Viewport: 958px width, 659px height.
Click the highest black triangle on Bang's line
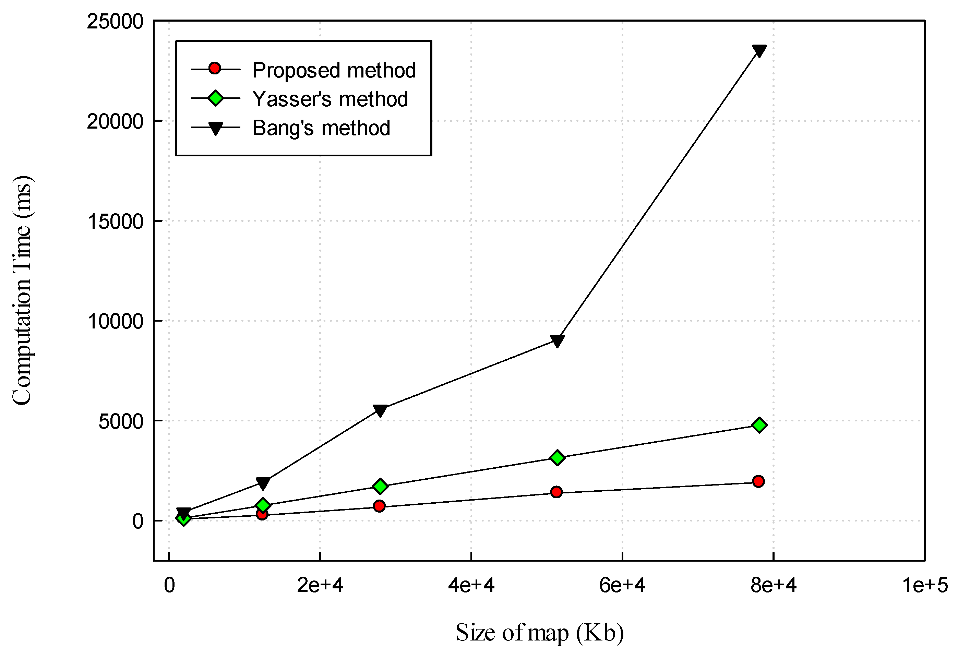coord(759,50)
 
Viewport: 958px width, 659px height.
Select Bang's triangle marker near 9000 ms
coord(558,341)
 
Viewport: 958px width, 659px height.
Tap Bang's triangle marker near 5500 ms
coord(380,410)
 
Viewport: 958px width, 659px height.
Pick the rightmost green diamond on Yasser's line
coord(759,425)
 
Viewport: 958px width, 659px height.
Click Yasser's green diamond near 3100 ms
coord(558,457)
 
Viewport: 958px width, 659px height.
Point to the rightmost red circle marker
coord(758,481)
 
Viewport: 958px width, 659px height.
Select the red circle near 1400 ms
coord(556,492)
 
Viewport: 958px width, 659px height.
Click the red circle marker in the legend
coord(215,69)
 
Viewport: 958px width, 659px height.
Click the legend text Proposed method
coord(334,70)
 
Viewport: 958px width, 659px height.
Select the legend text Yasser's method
coord(330,99)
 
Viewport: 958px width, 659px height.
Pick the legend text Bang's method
coord(321,128)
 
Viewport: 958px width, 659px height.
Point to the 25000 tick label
coord(115,22)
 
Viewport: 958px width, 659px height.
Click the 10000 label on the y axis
coord(115,321)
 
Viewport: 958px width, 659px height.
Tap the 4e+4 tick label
coord(471,586)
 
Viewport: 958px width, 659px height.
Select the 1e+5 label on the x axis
coord(924,586)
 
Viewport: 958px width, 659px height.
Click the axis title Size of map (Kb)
coord(539,633)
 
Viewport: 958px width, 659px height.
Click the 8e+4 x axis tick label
coord(773,586)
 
